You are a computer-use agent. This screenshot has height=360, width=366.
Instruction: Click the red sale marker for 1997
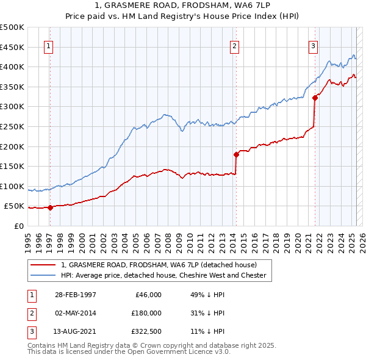(51, 207)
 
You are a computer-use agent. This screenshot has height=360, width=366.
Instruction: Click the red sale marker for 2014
(235, 154)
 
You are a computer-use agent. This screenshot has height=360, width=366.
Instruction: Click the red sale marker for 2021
(315, 97)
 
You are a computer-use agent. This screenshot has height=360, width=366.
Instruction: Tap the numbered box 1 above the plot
(48, 45)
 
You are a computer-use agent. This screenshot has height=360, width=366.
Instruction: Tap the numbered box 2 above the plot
(234, 45)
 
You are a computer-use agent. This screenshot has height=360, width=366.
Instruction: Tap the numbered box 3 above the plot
(313, 45)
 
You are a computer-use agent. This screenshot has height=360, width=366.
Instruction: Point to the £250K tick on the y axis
(13, 126)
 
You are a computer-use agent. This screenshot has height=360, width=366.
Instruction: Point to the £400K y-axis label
(13, 67)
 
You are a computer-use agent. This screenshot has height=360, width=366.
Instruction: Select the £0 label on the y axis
(18, 226)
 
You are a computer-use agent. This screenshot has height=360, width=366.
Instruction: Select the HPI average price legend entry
(163, 275)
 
